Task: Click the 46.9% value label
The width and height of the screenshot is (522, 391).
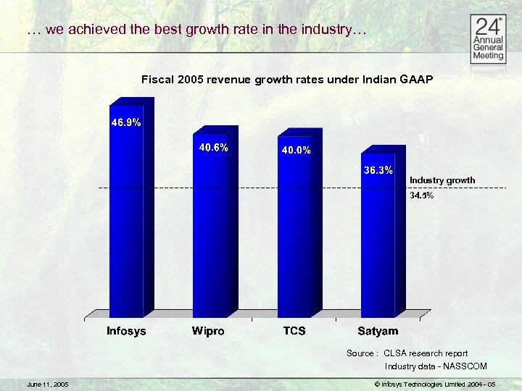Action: click(x=125, y=122)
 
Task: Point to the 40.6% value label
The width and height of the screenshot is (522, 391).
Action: click(x=214, y=148)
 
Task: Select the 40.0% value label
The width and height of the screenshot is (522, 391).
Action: click(x=296, y=151)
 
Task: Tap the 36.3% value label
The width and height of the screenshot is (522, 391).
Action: click(x=378, y=170)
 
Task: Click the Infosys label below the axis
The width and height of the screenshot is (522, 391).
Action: click(x=126, y=331)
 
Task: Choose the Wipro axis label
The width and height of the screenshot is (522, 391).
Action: click(x=208, y=331)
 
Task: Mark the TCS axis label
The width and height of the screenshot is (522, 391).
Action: click(x=294, y=331)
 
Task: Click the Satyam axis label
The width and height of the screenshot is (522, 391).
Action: click(x=378, y=331)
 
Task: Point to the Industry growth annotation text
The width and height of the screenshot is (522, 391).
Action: click(x=442, y=180)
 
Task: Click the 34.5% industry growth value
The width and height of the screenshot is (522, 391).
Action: click(x=422, y=195)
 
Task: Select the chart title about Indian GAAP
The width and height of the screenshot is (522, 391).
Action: click(x=287, y=79)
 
